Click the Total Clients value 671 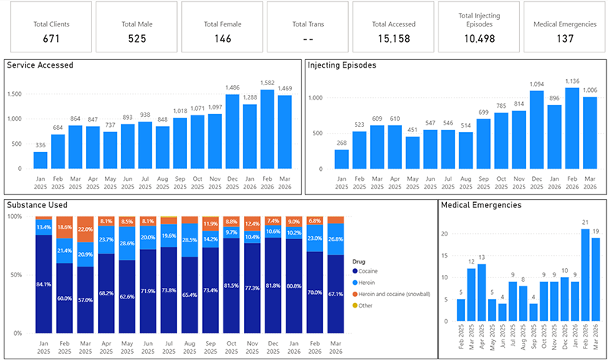pyautogui.click(x=52, y=38)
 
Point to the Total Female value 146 pyautogui.click(x=222, y=38)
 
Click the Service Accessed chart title pyautogui.click(x=40, y=65)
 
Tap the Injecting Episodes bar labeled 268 pyautogui.click(x=342, y=159)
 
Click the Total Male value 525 pyautogui.click(x=137, y=38)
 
